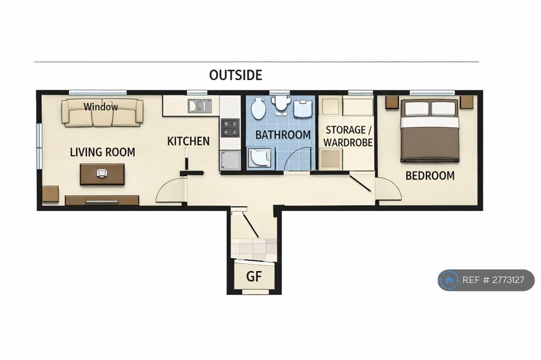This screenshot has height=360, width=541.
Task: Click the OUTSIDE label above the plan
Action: [236, 75]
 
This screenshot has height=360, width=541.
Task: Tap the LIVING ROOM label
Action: [102, 152]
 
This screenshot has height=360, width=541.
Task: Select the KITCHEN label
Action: [189, 141]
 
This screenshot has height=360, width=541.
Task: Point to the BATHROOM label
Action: [283, 135]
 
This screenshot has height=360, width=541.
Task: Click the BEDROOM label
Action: [430, 176]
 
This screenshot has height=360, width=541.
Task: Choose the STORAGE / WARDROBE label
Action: [348, 136]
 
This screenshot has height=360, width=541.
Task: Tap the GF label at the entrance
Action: [254, 276]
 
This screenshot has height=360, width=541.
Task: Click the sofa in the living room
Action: [102, 112]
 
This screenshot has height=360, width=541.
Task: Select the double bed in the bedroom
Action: [430, 130]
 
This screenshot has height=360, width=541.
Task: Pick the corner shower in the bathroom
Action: [259, 157]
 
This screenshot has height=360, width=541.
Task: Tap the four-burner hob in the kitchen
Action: [230, 128]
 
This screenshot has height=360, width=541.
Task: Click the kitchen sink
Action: [199, 106]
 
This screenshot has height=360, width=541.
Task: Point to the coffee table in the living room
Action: [102, 174]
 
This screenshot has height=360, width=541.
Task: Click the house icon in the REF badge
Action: [449, 280]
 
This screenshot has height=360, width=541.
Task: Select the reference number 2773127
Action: [508, 280]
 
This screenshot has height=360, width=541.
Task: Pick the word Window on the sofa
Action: [101, 107]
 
